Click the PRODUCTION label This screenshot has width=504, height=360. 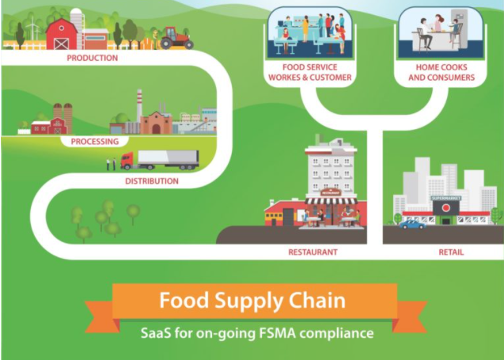[x=93, y=58]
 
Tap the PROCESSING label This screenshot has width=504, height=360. [x=94, y=142]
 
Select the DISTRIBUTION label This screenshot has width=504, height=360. [x=152, y=181]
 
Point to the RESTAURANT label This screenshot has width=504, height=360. [x=313, y=252]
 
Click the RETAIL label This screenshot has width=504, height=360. [x=451, y=252]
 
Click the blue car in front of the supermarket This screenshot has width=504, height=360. [x=411, y=224]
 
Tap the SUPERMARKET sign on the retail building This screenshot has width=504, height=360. [x=445, y=198]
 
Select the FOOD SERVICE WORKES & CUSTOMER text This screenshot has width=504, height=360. [x=310, y=73]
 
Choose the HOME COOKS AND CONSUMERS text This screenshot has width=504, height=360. [x=441, y=73]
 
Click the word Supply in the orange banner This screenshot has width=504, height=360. [x=252, y=301]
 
